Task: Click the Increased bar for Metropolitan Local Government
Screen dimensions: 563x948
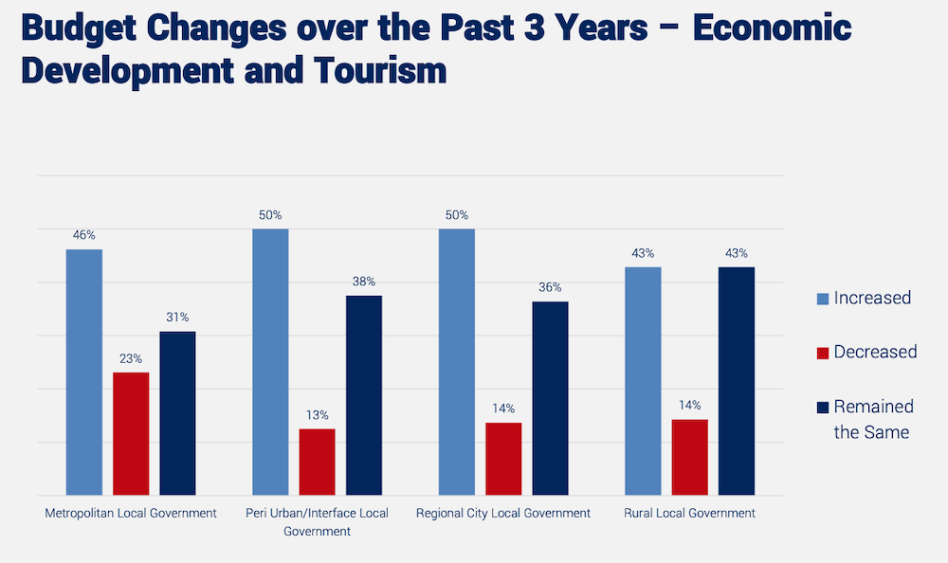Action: (x=84, y=372)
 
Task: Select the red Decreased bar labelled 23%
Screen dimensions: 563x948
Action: (x=131, y=433)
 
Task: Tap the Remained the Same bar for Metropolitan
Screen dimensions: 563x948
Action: (x=177, y=413)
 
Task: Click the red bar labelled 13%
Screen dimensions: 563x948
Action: (x=317, y=462)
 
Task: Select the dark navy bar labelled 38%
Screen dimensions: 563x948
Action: (x=364, y=395)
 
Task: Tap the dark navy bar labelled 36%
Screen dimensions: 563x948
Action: (x=550, y=398)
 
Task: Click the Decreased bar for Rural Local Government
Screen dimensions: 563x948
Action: (x=689, y=457)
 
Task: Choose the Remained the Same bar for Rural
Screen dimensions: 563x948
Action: (x=737, y=381)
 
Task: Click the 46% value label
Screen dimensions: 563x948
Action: (x=84, y=235)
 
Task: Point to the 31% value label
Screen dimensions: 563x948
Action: (x=177, y=318)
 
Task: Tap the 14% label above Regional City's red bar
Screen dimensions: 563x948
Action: (x=503, y=409)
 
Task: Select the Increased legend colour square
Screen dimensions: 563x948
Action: (x=822, y=299)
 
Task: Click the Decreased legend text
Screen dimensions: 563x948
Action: (x=875, y=352)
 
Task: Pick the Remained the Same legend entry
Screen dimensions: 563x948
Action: (x=872, y=419)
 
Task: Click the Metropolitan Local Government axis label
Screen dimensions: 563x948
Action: (x=131, y=513)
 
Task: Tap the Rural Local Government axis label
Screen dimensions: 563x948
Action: (x=689, y=513)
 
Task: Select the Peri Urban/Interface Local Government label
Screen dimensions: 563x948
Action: (x=317, y=521)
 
